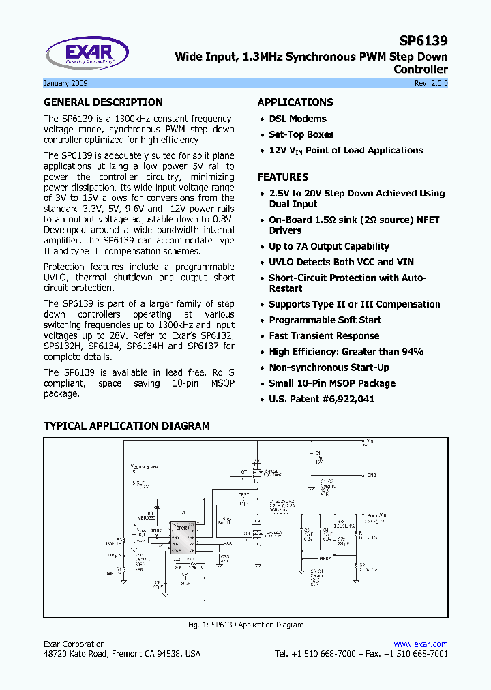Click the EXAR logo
[87, 54]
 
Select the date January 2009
[65, 83]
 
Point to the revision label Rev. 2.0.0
[431, 83]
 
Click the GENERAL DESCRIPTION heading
[103, 102]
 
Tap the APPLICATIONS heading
[295, 102]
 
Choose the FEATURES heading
[283, 177]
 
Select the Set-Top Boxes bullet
[301, 134]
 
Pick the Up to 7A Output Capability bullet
[329, 246]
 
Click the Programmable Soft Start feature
[325, 320]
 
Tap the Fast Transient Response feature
[324, 335]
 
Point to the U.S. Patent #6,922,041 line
[321, 399]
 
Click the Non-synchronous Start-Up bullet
[329, 367]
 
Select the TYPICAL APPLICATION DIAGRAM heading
[127, 426]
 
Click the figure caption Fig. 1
[245, 625]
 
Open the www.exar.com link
[421, 644]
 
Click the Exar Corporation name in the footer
[74, 644]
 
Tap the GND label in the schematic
[372, 475]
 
